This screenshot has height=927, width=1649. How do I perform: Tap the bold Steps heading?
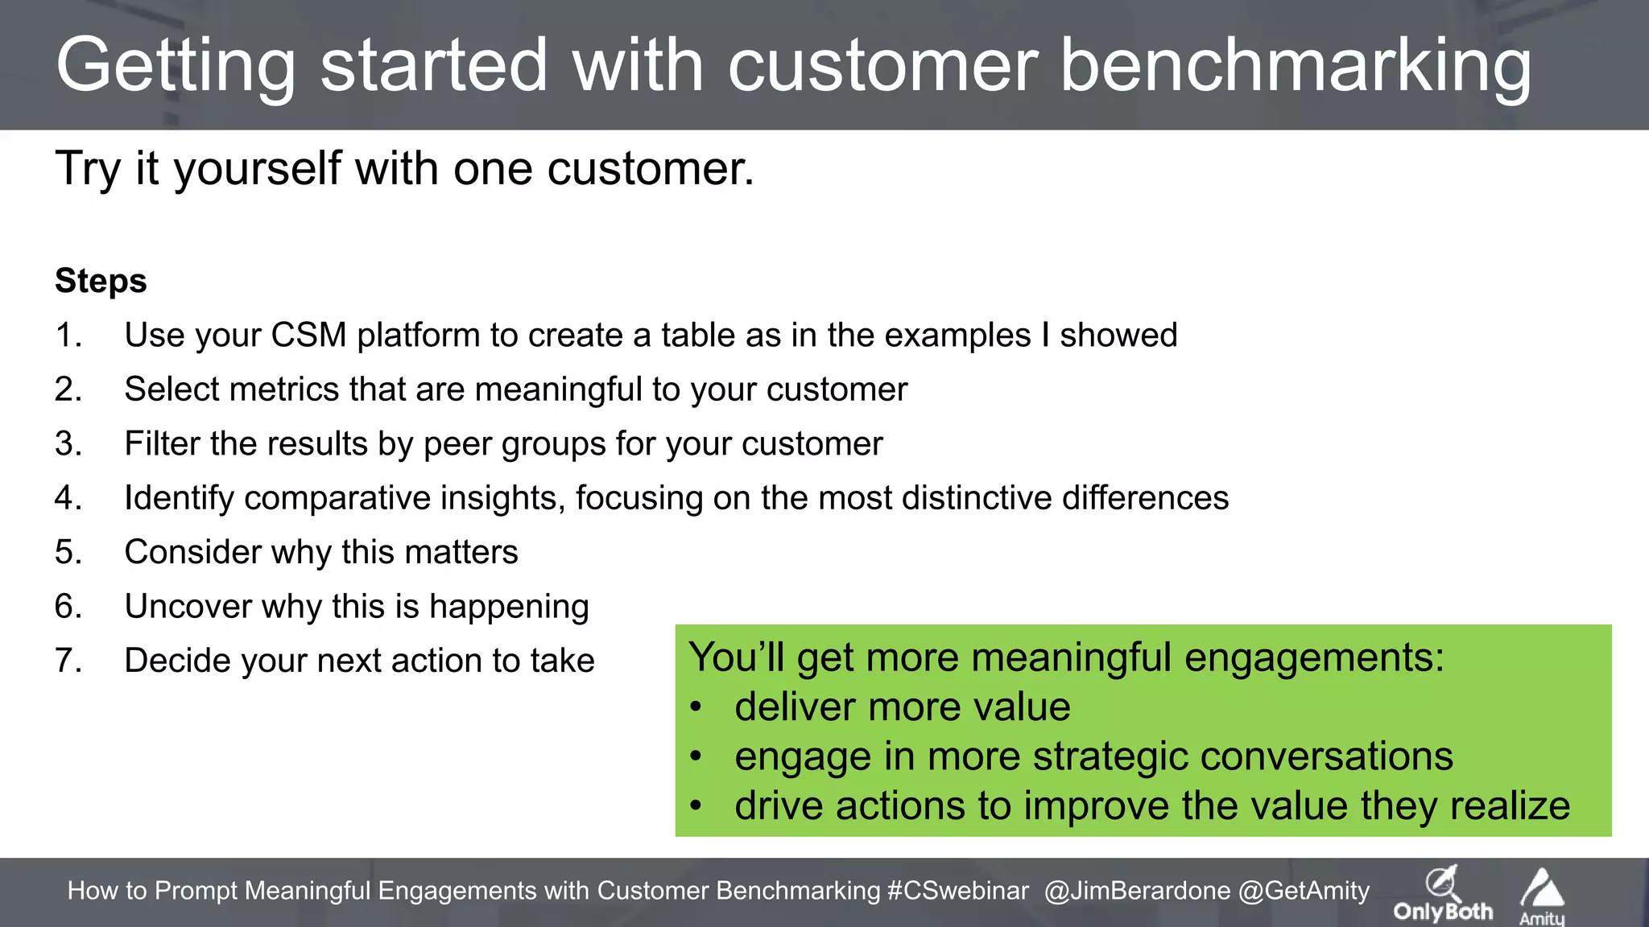pyautogui.click(x=101, y=281)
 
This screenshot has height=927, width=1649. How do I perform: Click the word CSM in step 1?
pyautogui.click(x=308, y=335)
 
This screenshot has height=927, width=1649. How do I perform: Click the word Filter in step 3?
pyautogui.click(x=165, y=443)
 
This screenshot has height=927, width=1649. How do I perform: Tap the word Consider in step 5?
pyautogui.click(x=192, y=552)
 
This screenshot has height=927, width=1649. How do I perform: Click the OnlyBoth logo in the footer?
pyautogui.click(x=1442, y=894)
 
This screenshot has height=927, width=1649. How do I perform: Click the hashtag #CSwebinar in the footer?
pyautogui.click(x=957, y=891)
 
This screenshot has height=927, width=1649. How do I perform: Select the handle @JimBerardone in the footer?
pyautogui.click(x=1137, y=891)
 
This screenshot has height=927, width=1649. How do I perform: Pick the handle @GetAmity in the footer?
pyautogui.click(x=1304, y=891)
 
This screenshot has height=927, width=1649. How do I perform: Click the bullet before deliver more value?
pyautogui.click(x=696, y=707)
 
